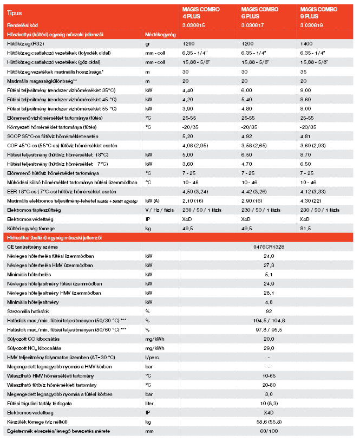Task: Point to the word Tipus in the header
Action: pos(15,11)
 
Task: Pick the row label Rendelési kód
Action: pos(22,25)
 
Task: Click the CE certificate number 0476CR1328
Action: pos(269,247)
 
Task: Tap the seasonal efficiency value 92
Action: pos(269,311)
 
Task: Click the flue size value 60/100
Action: pos(269,431)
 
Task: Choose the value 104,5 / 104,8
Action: pos(269,320)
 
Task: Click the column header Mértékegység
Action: pos(161,34)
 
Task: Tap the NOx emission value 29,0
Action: pos(269,348)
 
